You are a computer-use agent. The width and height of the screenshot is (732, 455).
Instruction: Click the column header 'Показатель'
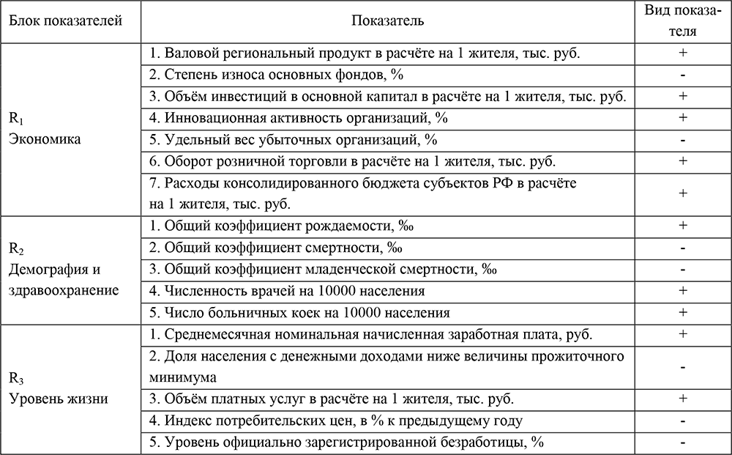[x=388, y=21]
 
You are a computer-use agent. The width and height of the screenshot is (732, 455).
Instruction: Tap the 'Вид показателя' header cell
[x=681, y=21]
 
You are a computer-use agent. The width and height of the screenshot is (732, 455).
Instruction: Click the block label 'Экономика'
[x=44, y=139]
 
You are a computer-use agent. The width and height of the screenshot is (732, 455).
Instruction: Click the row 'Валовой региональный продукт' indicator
[x=366, y=53]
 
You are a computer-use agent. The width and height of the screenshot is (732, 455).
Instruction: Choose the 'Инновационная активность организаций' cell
[x=299, y=117]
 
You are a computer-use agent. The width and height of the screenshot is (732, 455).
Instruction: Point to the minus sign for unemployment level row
[x=681, y=442]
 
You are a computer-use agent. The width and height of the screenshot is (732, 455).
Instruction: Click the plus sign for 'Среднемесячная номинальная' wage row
[x=681, y=334]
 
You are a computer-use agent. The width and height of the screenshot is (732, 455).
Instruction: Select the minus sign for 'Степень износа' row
[x=681, y=75]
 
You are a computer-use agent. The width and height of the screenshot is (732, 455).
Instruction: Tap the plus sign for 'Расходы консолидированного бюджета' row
[x=681, y=193]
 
